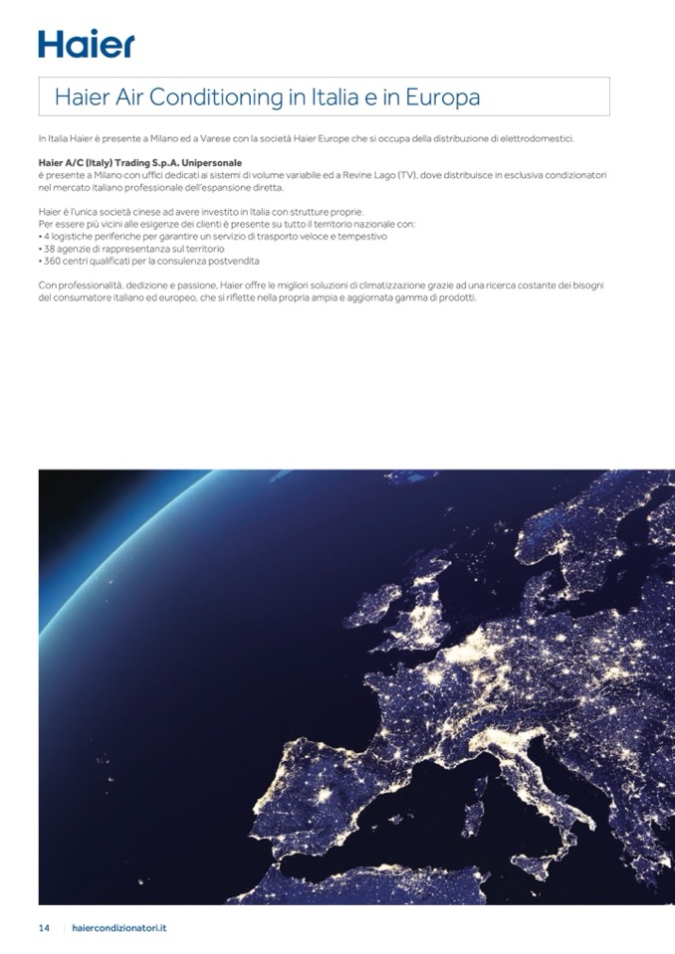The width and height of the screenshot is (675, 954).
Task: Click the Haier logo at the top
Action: point(86,43)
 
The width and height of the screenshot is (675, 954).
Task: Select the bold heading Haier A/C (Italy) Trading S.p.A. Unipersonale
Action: point(139,161)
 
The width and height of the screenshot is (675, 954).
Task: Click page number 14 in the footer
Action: point(44,927)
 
